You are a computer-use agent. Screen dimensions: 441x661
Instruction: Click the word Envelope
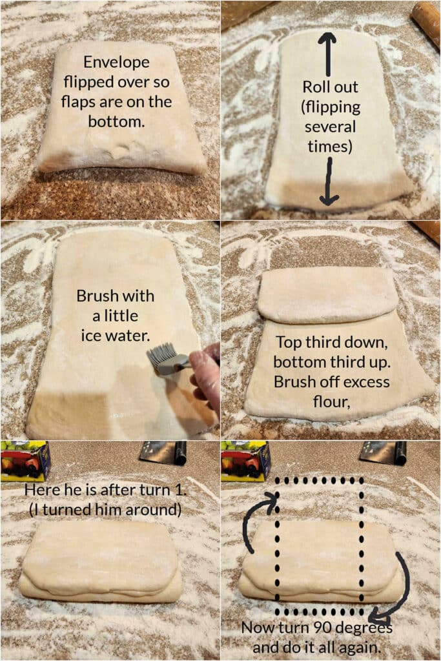pos(116,63)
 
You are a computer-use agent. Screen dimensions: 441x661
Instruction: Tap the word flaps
pos(78,102)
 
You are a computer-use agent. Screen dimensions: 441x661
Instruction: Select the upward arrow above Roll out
pos(327,54)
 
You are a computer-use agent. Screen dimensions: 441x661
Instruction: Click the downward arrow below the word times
pos(329,181)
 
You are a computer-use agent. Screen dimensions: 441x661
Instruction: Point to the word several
pos(330,127)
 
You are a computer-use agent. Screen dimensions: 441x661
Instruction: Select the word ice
pos(90,336)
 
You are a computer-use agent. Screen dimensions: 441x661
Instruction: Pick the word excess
pos(364,382)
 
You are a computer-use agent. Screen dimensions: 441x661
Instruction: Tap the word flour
pos(331,402)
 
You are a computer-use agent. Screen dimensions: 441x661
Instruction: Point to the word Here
pos(43,490)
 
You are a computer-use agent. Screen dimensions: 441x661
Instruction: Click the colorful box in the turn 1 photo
pos(25,461)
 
